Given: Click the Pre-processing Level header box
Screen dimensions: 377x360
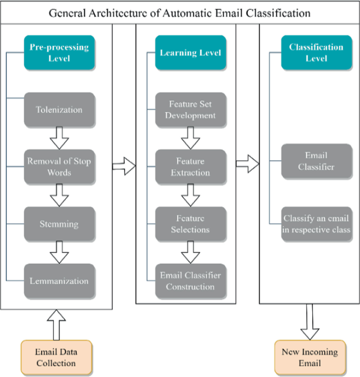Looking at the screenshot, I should (59, 53).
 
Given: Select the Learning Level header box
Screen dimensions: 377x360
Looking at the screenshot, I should (190, 53).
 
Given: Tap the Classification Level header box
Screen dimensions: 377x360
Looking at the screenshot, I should (316, 53).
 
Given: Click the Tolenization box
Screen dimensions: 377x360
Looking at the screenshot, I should (59, 110).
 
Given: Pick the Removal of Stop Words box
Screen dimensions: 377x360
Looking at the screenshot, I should (59, 167).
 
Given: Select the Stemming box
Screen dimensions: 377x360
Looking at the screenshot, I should (59, 224).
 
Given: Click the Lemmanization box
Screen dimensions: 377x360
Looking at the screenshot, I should (59, 281).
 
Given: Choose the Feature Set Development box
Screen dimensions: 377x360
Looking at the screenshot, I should (190, 110).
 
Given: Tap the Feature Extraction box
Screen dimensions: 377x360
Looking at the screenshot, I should (190, 167).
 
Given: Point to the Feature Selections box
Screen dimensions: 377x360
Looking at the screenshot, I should (190, 224).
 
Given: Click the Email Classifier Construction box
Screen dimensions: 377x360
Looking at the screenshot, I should (190, 281).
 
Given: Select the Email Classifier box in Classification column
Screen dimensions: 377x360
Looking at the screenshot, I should (316, 161).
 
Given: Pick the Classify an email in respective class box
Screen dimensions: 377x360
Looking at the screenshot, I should (316, 224).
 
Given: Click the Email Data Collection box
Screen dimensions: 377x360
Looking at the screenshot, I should (56, 358).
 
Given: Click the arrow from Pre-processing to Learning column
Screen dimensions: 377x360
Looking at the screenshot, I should (124, 167).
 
